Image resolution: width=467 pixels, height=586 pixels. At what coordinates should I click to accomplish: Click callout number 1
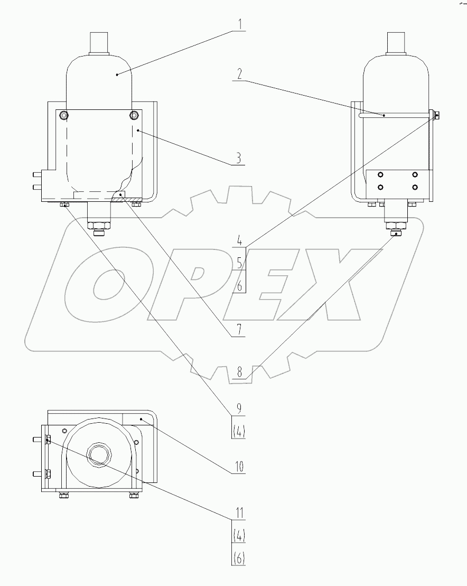(239, 24)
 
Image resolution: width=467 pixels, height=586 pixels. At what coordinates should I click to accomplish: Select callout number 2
(239, 73)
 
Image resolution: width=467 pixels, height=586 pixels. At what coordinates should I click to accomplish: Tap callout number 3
(239, 158)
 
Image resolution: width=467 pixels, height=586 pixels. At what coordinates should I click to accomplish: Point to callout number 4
(239, 239)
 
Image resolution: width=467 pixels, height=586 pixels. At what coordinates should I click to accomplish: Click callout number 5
(239, 262)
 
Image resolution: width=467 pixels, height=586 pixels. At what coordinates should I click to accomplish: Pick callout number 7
(239, 330)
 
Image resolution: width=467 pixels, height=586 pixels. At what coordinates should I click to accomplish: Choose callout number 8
(239, 372)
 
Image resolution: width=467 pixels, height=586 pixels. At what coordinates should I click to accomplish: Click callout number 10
(239, 467)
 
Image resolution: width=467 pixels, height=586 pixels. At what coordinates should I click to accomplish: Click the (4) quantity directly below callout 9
(239, 431)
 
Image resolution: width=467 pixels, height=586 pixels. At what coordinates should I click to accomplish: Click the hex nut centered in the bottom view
(98, 453)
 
